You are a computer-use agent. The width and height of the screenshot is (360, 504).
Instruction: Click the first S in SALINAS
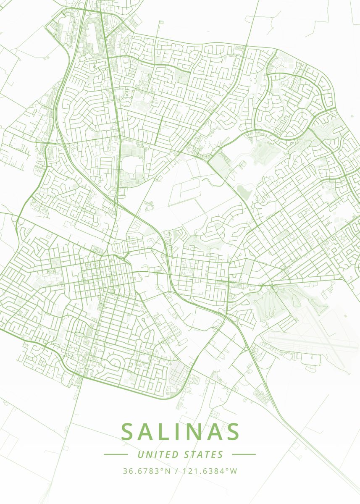click(129, 432)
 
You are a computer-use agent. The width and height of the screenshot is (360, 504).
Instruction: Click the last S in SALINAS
click(232, 432)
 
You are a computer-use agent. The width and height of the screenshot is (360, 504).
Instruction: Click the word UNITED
click(158, 454)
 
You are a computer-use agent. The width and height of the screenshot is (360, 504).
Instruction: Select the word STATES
click(204, 454)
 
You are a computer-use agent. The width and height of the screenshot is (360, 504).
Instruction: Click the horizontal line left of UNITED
click(116, 454)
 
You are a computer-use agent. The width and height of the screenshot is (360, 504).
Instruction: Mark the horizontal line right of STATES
click(244, 454)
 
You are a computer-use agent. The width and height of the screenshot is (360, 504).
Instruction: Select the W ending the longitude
click(234, 471)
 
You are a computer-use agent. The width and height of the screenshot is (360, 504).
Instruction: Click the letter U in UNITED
click(141, 454)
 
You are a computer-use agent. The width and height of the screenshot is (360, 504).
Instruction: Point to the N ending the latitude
click(168, 471)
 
